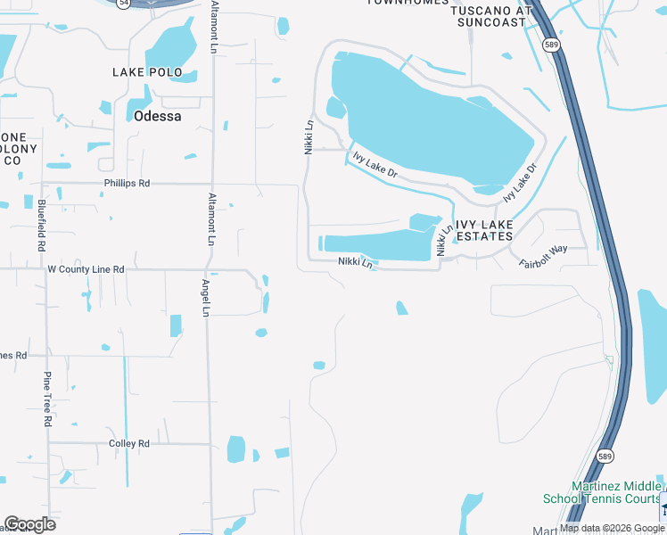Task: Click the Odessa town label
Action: tap(157, 116)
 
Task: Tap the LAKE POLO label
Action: tap(147, 72)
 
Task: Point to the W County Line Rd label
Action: tap(86, 268)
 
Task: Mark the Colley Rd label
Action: tap(128, 443)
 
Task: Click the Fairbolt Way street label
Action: tap(544, 256)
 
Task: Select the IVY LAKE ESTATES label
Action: tap(484, 230)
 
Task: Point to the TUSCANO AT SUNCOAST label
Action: tap(489, 15)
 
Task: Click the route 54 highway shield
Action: tap(125, 3)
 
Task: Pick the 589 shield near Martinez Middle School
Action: tap(605, 455)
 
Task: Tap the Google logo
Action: tap(29, 524)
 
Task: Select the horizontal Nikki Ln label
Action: tap(355, 262)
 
